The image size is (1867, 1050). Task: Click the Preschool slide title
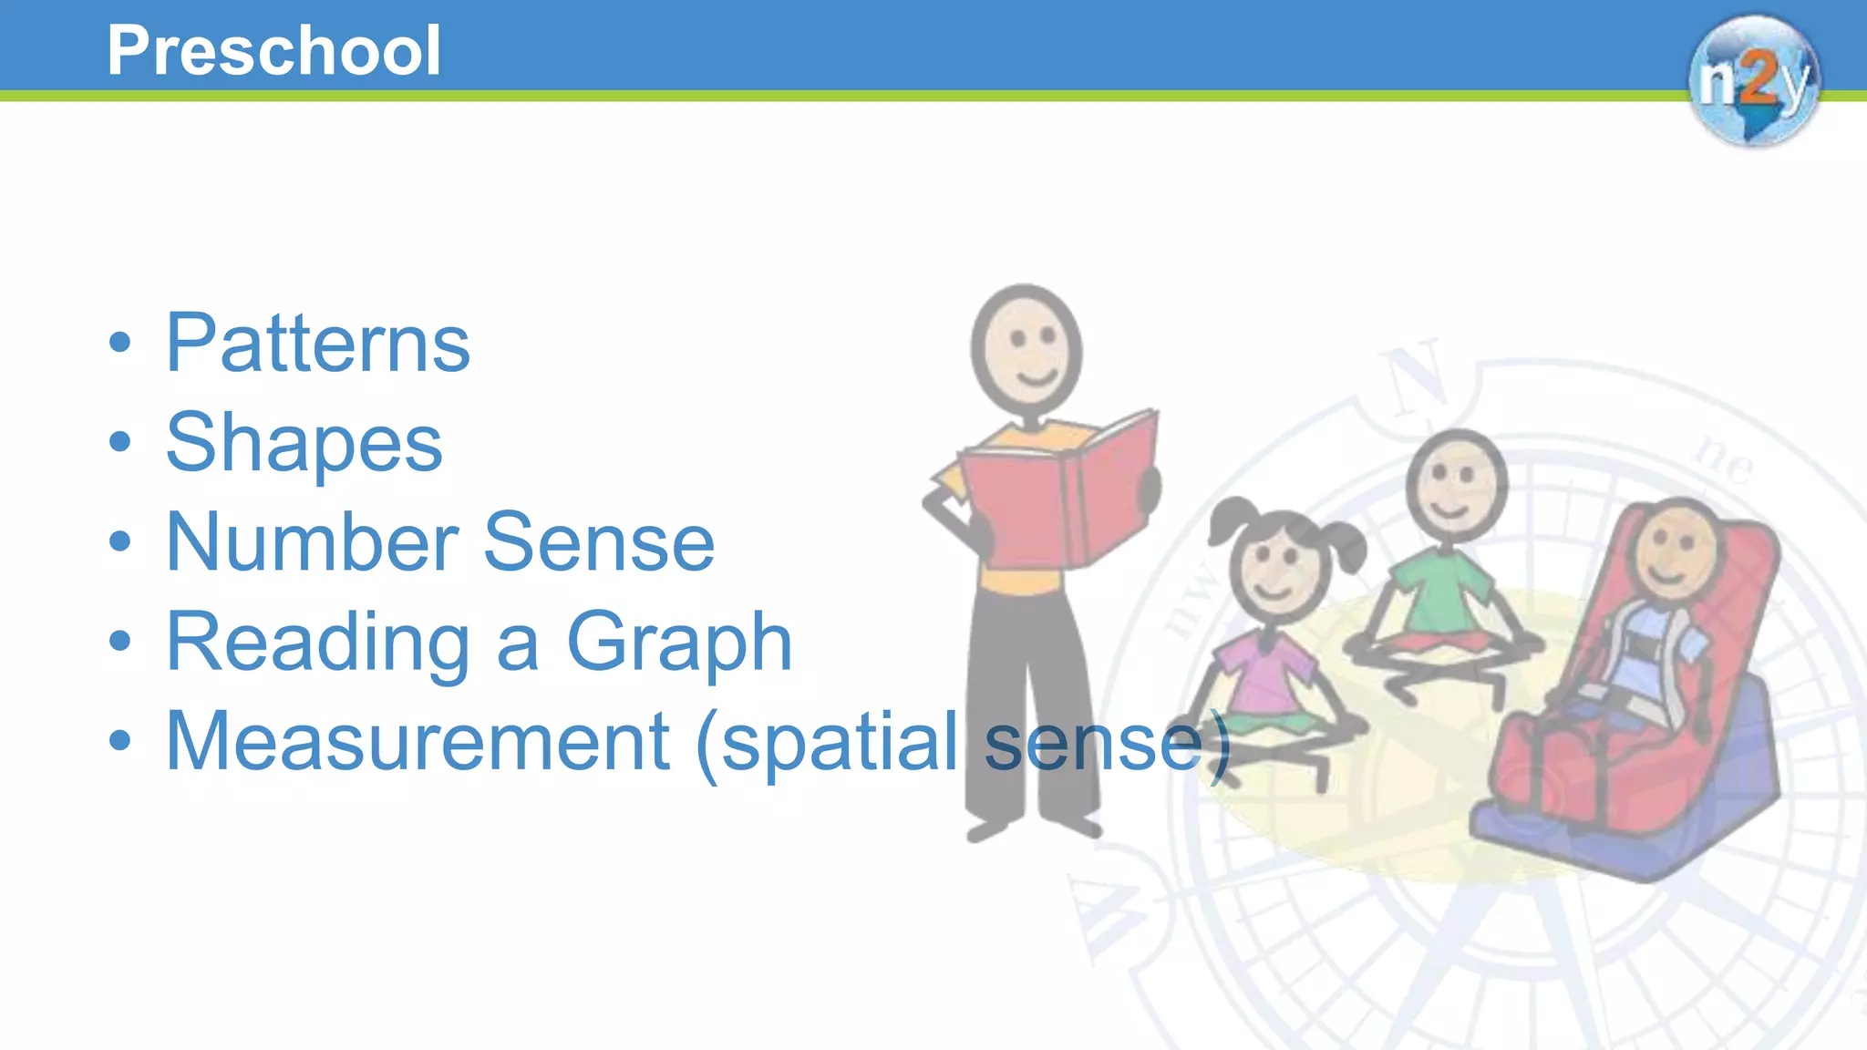tap(273, 50)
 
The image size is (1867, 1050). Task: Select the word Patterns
tap(317, 344)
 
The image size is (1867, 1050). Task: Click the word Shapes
tap(304, 443)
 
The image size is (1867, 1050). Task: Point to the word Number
tap(311, 542)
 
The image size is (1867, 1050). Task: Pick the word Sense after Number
tap(598, 542)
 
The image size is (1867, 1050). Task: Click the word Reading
tap(318, 643)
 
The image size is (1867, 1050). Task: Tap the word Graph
tap(679, 643)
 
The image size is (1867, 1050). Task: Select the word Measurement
tap(418, 742)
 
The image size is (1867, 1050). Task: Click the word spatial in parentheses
tap(839, 742)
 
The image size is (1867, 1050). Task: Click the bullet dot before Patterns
tap(119, 344)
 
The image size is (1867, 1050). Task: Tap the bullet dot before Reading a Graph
tap(119, 642)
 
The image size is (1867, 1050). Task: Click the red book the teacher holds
tap(1057, 497)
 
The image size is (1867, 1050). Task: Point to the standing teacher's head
tap(1026, 351)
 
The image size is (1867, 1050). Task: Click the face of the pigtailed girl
tap(1276, 570)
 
